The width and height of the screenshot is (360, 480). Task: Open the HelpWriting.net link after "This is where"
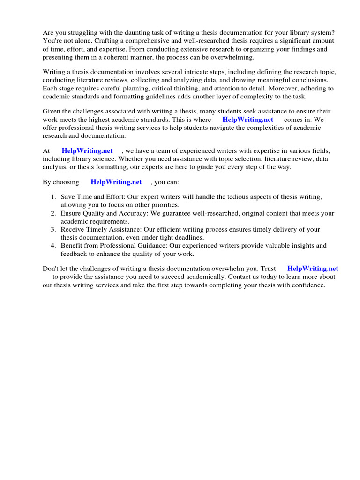click(x=247, y=120)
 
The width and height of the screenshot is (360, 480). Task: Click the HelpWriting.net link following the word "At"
click(x=87, y=150)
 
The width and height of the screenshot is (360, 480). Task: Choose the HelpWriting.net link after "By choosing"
click(x=116, y=182)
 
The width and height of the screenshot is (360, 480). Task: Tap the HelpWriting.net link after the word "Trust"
click(x=313, y=269)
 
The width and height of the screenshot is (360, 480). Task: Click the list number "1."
click(x=54, y=197)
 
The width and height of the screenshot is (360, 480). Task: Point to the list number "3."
click(x=54, y=229)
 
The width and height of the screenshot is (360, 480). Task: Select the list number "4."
click(x=54, y=245)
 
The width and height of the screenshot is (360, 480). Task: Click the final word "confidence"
click(x=307, y=285)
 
